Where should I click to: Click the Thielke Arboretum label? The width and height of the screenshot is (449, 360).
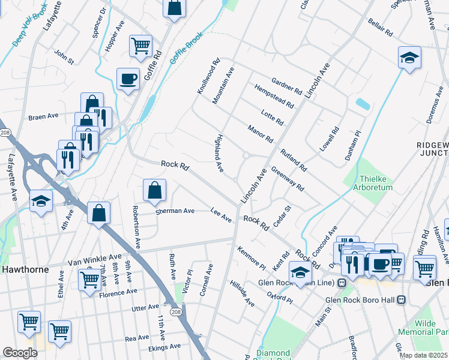coord(376,183)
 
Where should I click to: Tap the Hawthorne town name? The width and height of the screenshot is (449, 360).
coord(25,269)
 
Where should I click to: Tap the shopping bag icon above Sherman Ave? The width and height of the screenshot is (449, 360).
coord(154,190)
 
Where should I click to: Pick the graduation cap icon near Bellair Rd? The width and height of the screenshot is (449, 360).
coord(409,58)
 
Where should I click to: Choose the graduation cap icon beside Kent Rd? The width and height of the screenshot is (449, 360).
coord(301,271)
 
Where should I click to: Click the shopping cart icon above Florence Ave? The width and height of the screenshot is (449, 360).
coord(89,278)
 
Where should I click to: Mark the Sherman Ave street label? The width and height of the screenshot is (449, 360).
coord(175,211)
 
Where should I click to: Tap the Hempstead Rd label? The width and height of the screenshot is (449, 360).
coord(274,96)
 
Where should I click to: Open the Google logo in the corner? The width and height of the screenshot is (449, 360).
coord(20,353)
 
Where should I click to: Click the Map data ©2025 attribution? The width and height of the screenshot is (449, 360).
coord(423,355)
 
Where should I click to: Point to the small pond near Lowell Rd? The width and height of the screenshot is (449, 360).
coord(363,104)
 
